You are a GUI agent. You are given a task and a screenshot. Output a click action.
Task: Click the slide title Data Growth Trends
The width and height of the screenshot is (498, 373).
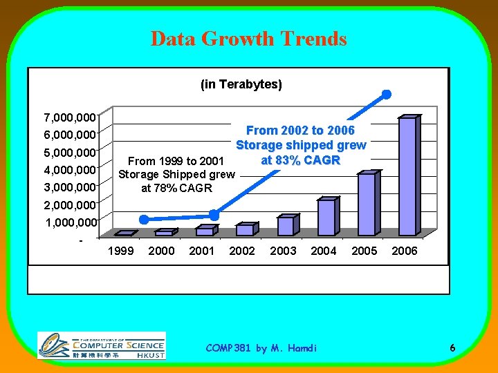249,39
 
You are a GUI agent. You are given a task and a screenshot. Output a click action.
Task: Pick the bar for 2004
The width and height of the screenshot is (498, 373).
326,217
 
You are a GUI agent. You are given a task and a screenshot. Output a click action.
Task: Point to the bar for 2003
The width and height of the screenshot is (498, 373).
285,226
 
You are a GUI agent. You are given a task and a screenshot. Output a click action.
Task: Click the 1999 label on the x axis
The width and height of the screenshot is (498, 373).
121,251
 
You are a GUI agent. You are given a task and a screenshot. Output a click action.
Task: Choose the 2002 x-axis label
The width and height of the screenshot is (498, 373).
242,251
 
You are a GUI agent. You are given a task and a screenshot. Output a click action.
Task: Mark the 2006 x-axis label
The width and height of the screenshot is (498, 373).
405,251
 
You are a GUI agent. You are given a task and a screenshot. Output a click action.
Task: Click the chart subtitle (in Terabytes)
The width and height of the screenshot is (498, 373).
241,84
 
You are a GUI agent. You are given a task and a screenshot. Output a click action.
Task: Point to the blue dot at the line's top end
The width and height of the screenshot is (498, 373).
387,94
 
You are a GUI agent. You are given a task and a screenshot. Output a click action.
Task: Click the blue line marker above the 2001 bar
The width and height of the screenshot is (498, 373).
214,215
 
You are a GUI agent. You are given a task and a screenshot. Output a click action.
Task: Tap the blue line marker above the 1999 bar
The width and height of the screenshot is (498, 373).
143,219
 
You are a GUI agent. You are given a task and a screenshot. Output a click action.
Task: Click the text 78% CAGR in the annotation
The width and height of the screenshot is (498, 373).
176,188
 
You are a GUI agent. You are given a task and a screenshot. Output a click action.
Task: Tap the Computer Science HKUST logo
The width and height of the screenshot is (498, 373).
101,345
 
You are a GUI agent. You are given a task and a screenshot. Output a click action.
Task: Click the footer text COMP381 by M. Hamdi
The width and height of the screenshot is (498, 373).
261,348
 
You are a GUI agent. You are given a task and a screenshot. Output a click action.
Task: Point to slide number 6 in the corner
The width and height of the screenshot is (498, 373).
452,348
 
